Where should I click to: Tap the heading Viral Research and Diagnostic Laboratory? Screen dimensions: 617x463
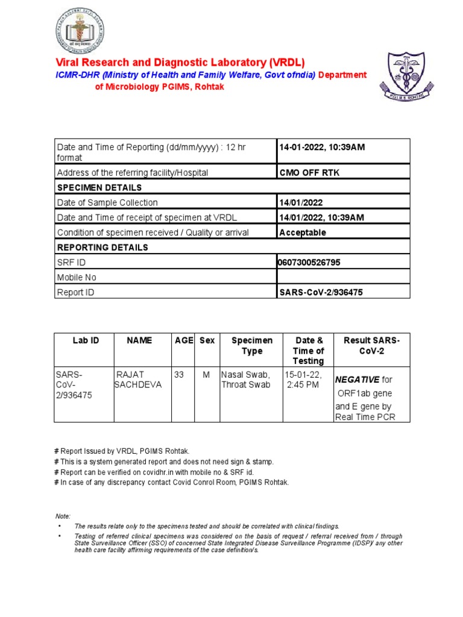tap(180, 63)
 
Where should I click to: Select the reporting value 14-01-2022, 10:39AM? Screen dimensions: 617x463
tap(322, 147)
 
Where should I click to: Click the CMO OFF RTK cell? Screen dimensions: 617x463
tap(309, 172)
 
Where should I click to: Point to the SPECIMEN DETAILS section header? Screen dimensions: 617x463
tap(99, 187)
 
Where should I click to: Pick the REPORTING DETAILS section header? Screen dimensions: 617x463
tap(102, 247)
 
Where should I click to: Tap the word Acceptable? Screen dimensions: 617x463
tap(303, 232)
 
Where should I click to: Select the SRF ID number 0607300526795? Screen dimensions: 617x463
tap(313, 262)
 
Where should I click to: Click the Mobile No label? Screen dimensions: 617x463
tap(76, 277)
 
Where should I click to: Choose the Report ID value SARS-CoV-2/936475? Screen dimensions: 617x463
tap(321, 292)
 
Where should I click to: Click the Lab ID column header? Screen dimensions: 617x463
tap(86, 340)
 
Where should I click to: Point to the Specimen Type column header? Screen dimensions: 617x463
tap(252, 345)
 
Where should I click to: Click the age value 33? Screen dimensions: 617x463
tap(179, 375)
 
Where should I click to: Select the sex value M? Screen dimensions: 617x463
tap(206, 375)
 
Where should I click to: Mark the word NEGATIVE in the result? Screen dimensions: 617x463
tap(357, 380)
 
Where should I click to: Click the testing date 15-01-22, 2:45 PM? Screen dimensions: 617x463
tap(304, 380)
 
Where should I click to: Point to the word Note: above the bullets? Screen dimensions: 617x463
tap(63, 516)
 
